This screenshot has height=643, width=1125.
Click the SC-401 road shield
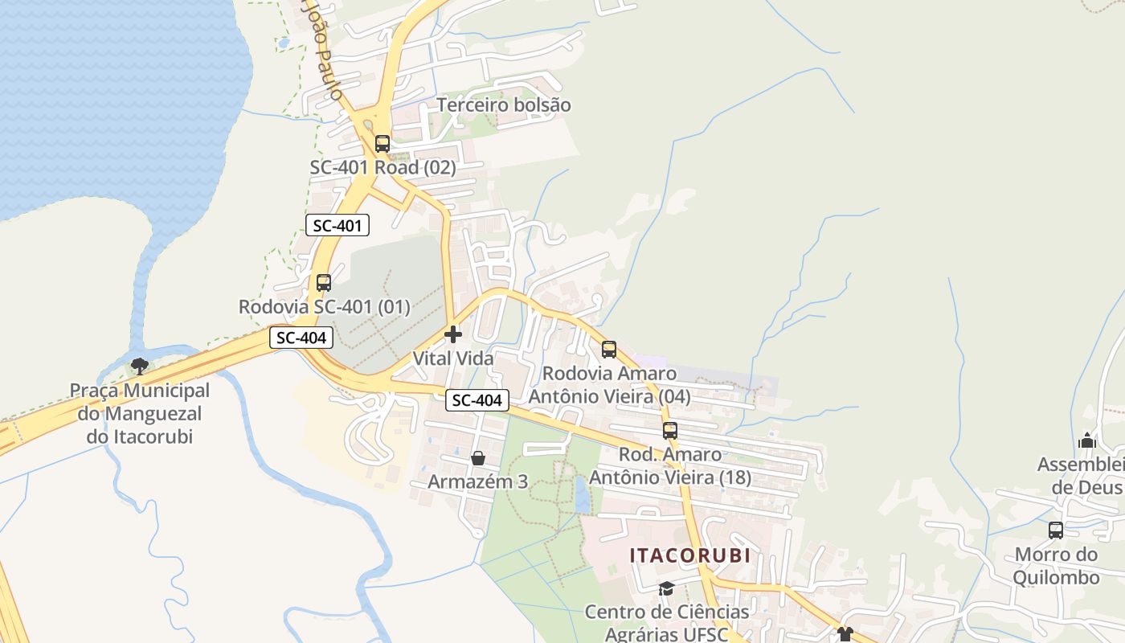337,226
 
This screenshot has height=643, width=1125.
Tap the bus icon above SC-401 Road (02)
382,144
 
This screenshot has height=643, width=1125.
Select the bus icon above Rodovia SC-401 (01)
324,283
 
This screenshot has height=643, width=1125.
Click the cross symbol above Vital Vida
453,334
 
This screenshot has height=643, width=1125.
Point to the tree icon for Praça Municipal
140,367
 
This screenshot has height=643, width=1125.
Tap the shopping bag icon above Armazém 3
478,458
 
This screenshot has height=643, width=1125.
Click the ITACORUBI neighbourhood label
689,555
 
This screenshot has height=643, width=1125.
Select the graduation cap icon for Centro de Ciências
666,589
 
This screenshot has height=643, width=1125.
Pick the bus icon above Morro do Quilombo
1056,530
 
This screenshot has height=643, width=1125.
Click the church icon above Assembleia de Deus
1087,440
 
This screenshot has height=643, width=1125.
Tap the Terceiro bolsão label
504,105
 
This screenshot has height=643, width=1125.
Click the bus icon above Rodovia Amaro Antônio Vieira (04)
609,350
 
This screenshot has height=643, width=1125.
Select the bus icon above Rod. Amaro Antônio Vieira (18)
670,431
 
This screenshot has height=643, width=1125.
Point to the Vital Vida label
453,358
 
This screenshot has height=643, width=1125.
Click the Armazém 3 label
478,481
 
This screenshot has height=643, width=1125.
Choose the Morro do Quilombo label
1056,566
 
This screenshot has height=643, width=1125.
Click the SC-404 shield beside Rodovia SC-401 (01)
301,338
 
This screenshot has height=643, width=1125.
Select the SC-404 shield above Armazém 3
477,400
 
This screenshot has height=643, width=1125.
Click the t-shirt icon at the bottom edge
845,634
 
